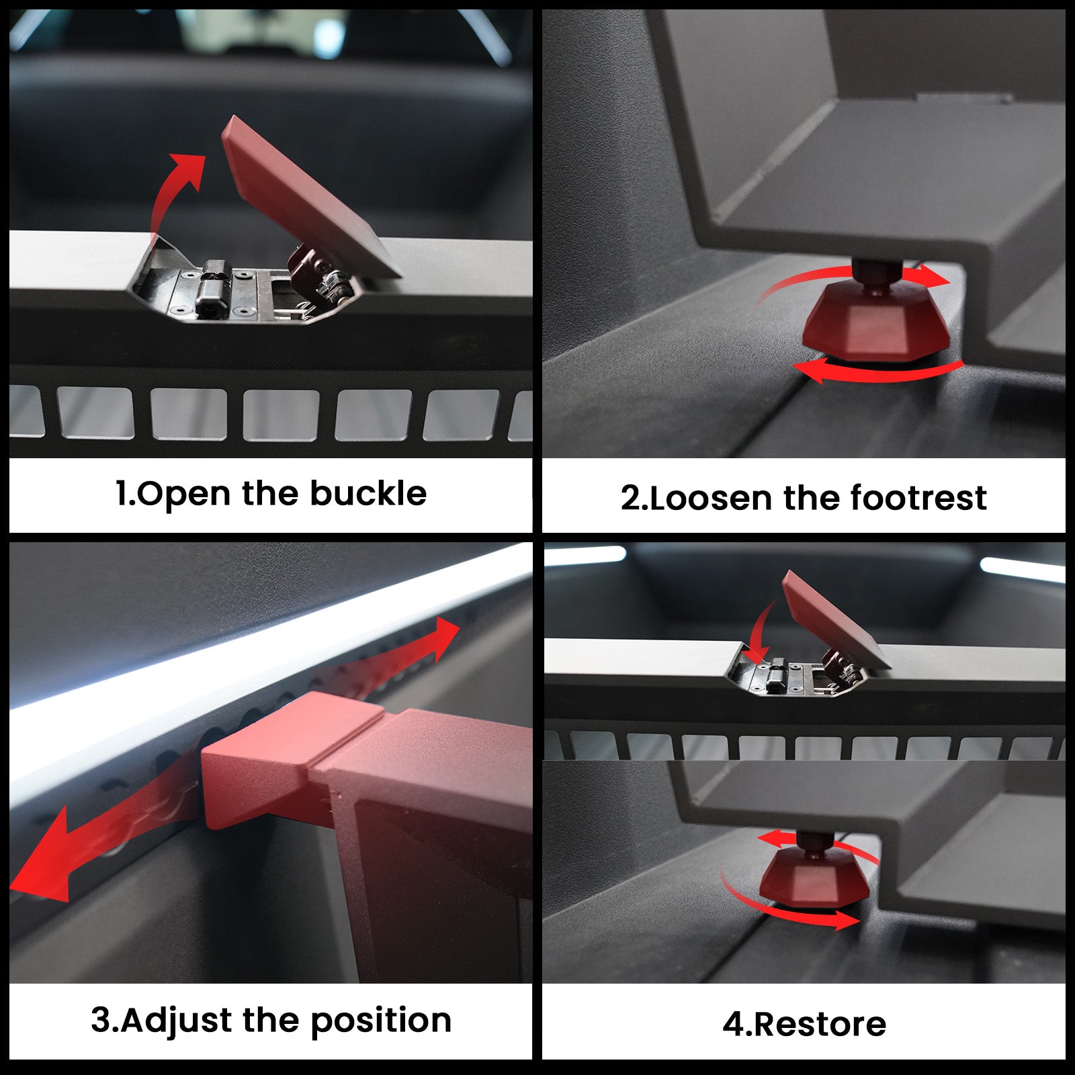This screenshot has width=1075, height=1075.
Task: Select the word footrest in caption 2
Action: pos(918,498)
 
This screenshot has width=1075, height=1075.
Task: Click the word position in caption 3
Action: pos(381,1021)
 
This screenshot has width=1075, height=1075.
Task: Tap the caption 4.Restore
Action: pos(804,1025)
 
